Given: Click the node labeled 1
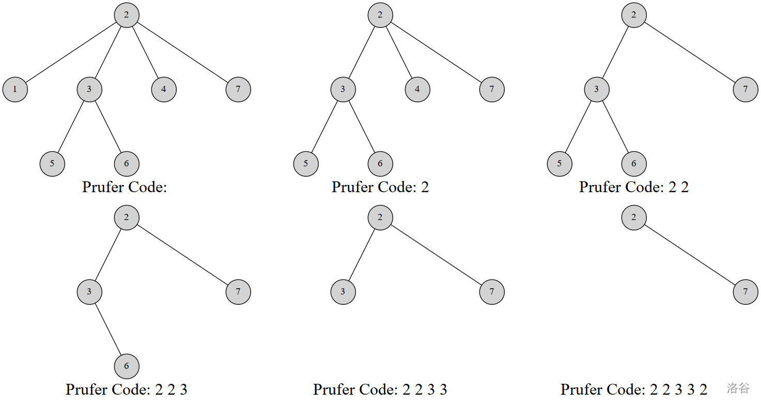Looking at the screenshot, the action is point(15,89).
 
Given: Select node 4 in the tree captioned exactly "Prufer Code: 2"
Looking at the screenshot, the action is point(417,89).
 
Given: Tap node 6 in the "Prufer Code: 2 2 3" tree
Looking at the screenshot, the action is point(127,366).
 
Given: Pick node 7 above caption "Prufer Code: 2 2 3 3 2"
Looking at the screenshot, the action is point(746,292).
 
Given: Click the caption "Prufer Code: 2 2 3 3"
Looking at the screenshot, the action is point(380,390).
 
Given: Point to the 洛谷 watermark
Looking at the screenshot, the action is point(738,388).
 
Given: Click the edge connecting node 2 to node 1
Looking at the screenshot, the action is point(71,52).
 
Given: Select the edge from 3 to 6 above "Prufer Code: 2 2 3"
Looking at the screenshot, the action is point(108,329).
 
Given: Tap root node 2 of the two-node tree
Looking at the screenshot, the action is point(634,217).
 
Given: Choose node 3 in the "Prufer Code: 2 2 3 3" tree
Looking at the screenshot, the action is point(343,292).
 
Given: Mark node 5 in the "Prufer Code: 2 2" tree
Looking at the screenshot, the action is point(560,164).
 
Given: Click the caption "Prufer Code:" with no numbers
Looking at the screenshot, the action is point(125,187).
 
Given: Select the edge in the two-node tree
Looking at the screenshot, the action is point(690,255).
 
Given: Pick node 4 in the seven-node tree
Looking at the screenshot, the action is point(164,89).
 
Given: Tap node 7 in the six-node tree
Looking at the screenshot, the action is point(492,89).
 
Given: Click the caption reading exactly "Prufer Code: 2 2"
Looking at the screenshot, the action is point(634,187).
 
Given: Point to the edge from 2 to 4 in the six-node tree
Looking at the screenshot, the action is point(399,52).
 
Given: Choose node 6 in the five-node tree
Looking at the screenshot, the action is point(634,164).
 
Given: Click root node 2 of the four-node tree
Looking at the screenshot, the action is point(127,217).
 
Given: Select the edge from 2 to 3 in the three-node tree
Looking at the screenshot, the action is point(362,255).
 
